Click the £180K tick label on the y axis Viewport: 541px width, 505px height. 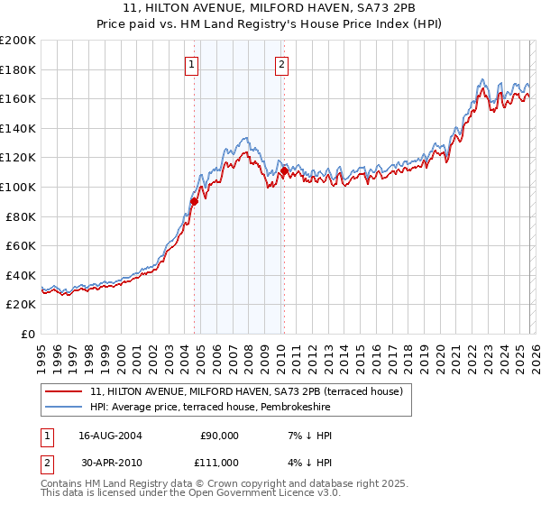pyautogui.click(x=18, y=69)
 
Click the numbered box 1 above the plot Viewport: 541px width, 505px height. pyautogui.click(x=193, y=64)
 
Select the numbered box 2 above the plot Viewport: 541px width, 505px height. pyautogui.click(x=282, y=64)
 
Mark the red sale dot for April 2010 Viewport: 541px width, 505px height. pyautogui.click(x=284, y=170)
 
